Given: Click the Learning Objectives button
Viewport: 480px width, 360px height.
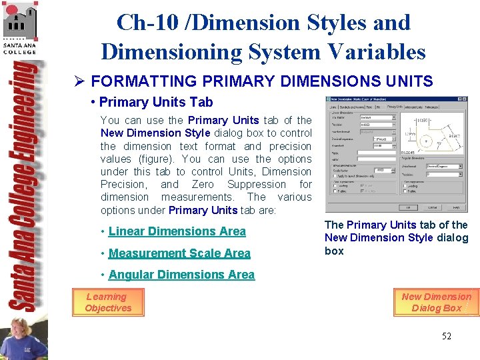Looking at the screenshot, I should coord(108,302).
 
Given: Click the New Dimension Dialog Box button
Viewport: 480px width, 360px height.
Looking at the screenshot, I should coord(436,302).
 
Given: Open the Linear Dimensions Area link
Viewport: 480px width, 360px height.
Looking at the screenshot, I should coord(177,231).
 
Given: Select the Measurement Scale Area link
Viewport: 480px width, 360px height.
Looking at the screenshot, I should coord(179,253).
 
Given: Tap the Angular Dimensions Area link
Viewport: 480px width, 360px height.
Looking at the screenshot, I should coord(181,275).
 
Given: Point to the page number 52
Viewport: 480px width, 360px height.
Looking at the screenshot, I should coord(446,336).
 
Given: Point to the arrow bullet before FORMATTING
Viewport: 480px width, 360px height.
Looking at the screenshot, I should coord(79,82).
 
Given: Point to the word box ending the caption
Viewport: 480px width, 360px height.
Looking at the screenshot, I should coord(334,251).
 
